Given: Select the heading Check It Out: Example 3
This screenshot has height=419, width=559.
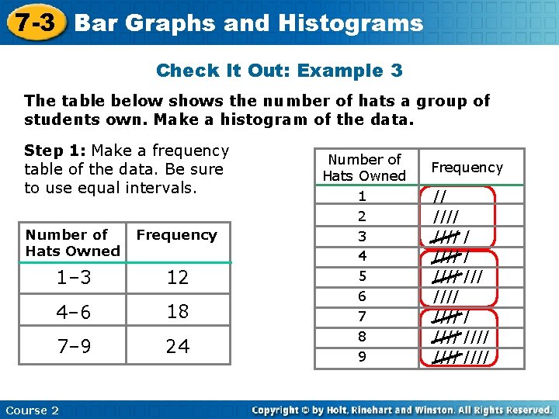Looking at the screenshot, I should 279,71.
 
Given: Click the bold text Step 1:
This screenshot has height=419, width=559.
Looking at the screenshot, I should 55,151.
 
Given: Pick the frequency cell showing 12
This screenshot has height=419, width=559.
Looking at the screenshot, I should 177,277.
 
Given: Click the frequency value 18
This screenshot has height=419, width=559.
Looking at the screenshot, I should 177,312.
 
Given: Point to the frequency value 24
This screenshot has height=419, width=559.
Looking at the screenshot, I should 177,346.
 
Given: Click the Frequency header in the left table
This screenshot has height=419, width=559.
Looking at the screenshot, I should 176,234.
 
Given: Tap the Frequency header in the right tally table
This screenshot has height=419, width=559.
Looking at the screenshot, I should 467,168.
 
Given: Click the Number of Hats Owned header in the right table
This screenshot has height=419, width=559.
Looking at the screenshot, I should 364,168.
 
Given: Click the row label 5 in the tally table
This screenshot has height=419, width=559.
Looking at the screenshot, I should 361,276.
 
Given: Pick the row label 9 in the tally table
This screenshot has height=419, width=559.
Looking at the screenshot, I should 361,357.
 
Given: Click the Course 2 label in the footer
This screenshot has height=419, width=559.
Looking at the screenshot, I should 32,410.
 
